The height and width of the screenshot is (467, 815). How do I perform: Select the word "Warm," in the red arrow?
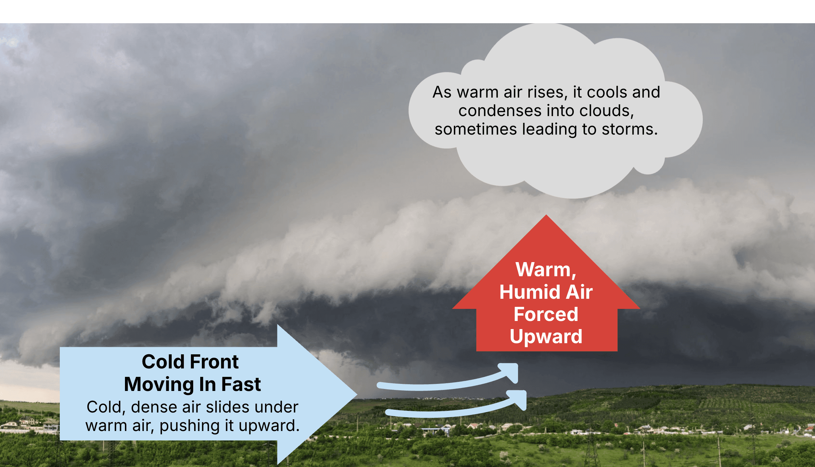pos(546,270)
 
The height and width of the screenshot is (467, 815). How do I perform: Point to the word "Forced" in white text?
pos(546,314)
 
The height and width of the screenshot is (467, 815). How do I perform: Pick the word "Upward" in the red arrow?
pos(546,337)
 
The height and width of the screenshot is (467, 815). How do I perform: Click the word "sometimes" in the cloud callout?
pos(476,129)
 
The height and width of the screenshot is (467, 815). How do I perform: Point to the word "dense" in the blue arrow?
pos(154,407)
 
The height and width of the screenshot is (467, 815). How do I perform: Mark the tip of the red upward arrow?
pos(546,215)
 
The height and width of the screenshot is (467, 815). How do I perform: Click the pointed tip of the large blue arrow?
pos(357,394)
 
